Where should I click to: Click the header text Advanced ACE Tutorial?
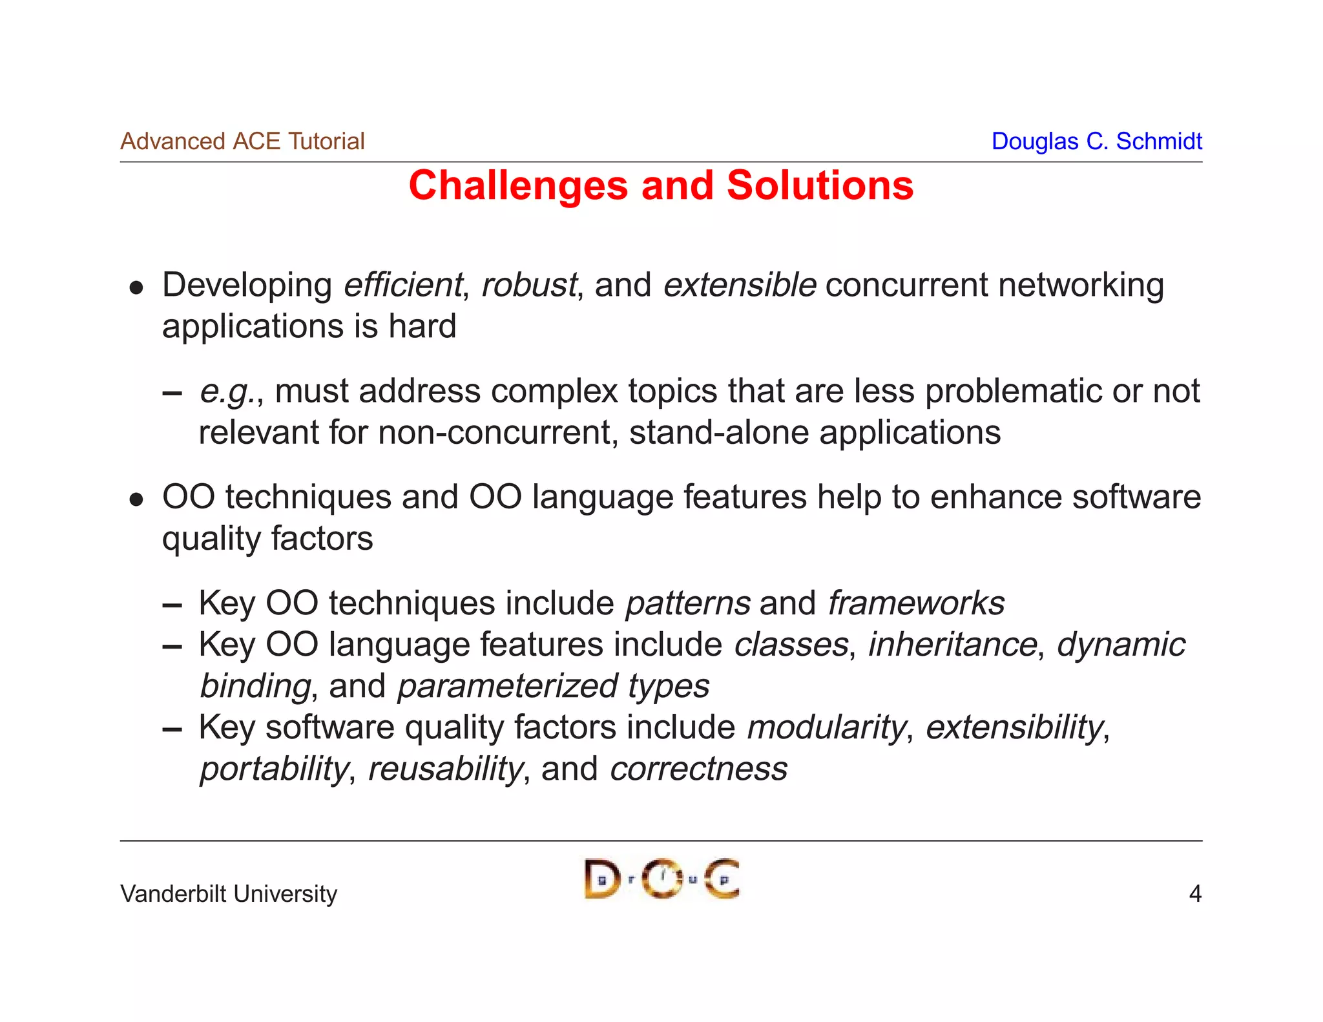[x=242, y=141]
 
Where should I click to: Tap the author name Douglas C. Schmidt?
[x=1096, y=141]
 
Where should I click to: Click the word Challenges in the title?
[x=518, y=186]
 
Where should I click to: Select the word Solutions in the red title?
[x=820, y=186]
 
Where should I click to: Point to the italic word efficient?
[x=403, y=286]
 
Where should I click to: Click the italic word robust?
[x=528, y=286]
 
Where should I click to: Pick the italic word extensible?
[x=740, y=286]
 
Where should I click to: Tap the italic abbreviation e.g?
[x=226, y=391]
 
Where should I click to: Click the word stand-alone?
[x=718, y=432]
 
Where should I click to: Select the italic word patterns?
[x=687, y=603]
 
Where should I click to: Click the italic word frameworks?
[x=916, y=603]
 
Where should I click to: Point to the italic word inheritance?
[x=952, y=645]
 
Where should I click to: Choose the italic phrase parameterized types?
[x=553, y=686]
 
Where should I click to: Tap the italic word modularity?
[x=826, y=727]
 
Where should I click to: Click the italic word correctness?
[x=698, y=769]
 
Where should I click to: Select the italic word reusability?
[x=445, y=769]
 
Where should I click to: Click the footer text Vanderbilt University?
[x=229, y=894]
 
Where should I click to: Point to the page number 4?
[x=1194, y=894]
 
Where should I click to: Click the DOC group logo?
[x=661, y=879]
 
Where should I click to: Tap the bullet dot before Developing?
[x=136, y=288]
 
